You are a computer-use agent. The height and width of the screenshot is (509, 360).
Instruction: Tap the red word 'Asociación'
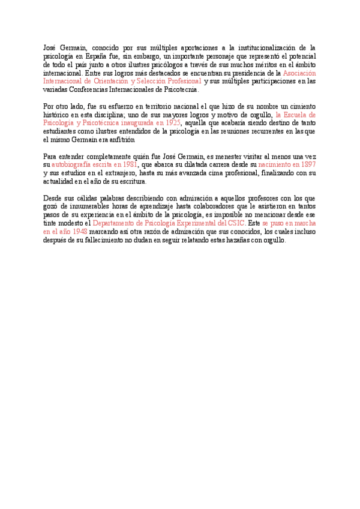(x=299, y=73)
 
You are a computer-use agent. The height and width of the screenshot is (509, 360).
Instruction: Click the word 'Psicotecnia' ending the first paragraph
(x=178, y=89)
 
